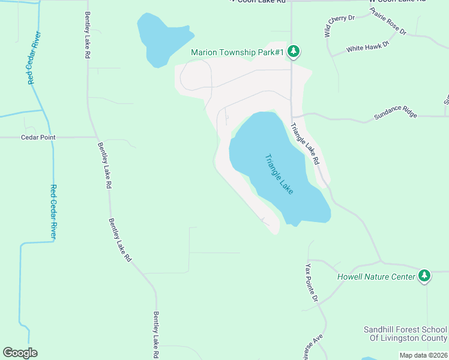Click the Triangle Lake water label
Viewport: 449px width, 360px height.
point(279,174)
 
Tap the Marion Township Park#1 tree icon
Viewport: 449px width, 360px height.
point(294,52)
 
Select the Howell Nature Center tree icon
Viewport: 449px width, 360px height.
point(424,276)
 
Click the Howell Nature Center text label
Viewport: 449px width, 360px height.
point(376,277)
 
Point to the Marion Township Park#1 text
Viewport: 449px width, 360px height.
point(237,52)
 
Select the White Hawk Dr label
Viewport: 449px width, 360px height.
point(368,46)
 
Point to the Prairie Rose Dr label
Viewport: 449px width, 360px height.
point(388,21)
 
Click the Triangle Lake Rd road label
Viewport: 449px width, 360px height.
point(305,145)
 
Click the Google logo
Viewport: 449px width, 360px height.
point(20,353)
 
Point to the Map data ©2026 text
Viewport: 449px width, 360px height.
point(424,355)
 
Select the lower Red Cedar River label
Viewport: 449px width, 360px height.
point(53,212)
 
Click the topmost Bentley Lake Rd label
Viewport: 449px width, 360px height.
point(88,35)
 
